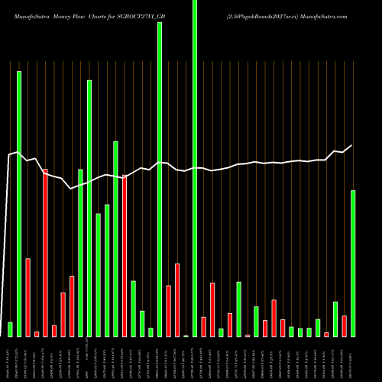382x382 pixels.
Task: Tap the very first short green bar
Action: coord(10,329)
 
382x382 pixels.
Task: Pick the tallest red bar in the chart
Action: coord(46,252)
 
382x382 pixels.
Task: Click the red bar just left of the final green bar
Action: coord(344,326)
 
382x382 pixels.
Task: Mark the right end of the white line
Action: coord(352,145)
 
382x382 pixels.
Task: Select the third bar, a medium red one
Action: coord(28,297)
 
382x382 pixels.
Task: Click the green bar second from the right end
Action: coord(335,319)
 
